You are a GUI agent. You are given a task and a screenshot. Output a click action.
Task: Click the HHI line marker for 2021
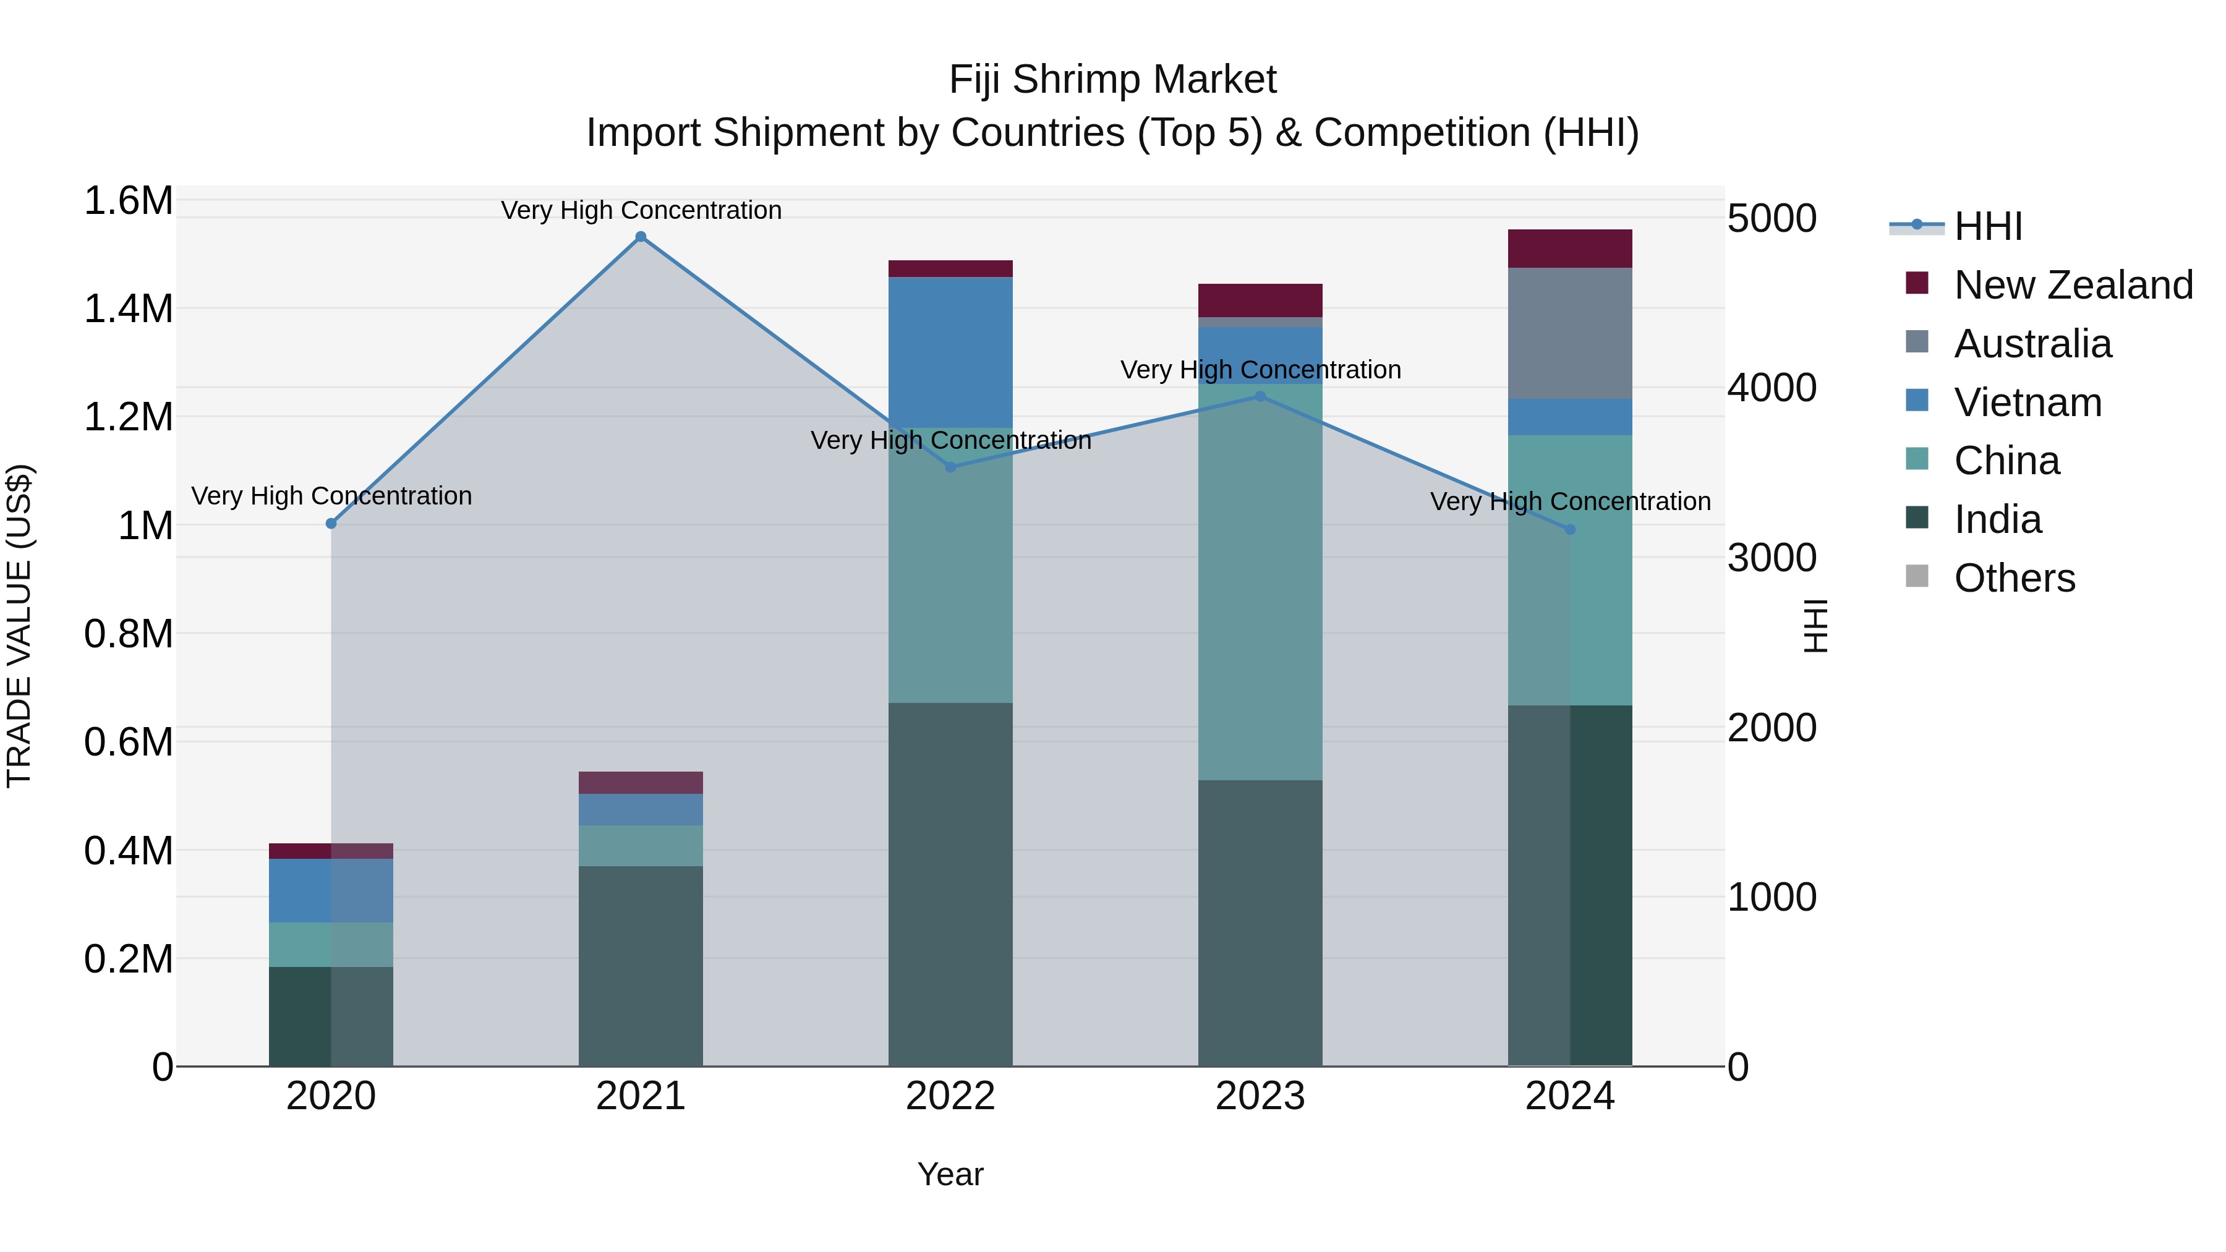pyautogui.click(x=641, y=237)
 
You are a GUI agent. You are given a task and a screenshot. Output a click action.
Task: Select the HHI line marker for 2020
pyautogui.click(x=331, y=524)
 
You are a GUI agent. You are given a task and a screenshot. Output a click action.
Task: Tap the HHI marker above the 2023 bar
pyautogui.click(x=1260, y=396)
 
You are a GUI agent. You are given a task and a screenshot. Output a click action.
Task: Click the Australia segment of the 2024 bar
pyautogui.click(x=1569, y=333)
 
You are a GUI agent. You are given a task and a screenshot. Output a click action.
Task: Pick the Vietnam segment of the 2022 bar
pyautogui.click(x=950, y=352)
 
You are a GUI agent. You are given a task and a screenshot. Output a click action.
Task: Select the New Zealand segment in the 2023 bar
pyautogui.click(x=1260, y=300)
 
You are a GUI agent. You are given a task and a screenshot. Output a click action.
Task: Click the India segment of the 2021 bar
pyautogui.click(x=641, y=965)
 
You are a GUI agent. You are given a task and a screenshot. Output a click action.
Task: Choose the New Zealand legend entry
pyautogui.click(x=2072, y=285)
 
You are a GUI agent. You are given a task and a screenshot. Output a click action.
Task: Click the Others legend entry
pyautogui.click(x=2013, y=578)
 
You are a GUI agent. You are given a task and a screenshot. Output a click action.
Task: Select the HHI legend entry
pyautogui.click(x=1987, y=226)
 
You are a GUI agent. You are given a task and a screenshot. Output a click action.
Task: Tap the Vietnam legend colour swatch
pyautogui.click(x=1917, y=401)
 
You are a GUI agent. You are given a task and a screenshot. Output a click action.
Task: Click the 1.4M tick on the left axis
pyautogui.click(x=128, y=309)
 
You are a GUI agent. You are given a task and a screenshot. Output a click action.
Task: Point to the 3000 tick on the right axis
pyautogui.click(x=1772, y=558)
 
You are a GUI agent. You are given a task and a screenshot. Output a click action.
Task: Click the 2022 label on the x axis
pyautogui.click(x=950, y=1096)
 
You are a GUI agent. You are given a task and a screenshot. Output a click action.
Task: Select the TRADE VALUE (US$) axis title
pyautogui.click(x=19, y=626)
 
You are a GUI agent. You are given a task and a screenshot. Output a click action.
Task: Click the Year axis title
pyautogui.click(x=950, y=1174)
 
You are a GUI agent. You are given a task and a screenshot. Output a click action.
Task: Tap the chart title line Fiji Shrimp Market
pyautogui.click(x=1112, y=80)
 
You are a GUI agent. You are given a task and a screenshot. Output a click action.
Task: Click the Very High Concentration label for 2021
pyautogui.click(x=641, y=210)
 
